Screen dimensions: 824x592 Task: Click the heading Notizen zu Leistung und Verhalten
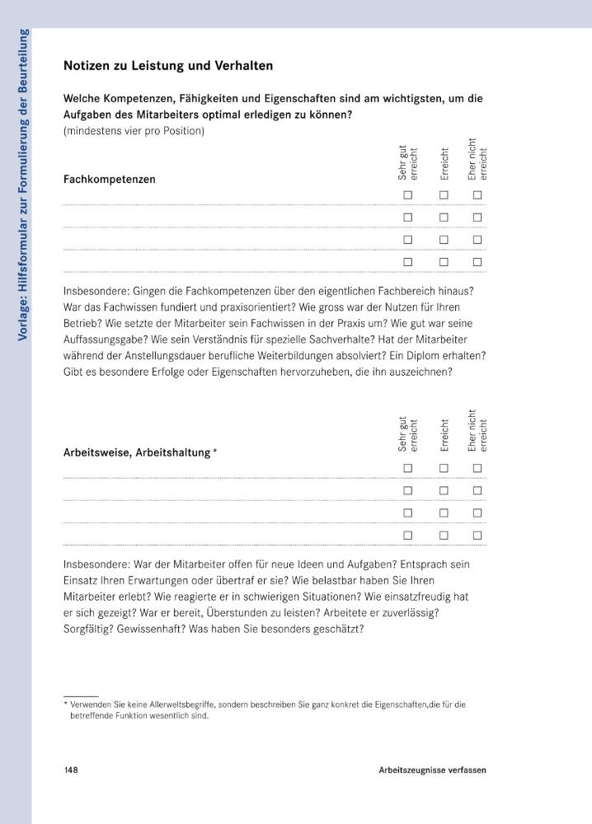[x=168, y=65]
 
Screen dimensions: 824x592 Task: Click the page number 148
[x=71, y=770]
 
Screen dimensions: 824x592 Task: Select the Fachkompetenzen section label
[x=109, y=179]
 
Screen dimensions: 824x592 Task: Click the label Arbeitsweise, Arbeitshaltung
[x=137, y=452]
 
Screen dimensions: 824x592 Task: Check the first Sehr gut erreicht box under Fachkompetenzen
[x=407, y=195]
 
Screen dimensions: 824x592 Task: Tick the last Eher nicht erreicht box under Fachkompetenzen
[x=477, y=262]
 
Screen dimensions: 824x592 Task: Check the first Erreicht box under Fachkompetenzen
[x=443, y=195]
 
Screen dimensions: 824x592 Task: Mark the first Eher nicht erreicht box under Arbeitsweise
[x=477, y=468]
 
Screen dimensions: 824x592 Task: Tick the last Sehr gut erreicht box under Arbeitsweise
[x=407, y=535]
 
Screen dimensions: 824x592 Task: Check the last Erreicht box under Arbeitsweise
[x=443, y=535]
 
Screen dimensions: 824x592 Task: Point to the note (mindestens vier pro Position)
[x=134, y=130]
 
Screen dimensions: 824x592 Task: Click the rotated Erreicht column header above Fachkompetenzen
[x=444, y=164]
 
